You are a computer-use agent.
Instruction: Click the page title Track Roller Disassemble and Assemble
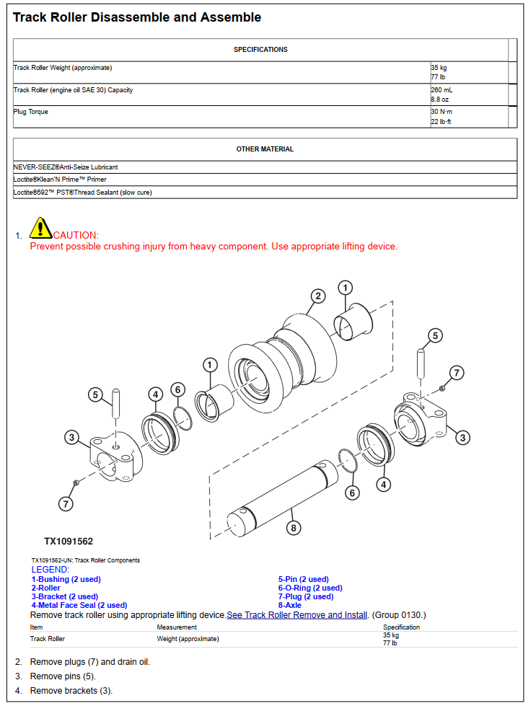pos(137,17)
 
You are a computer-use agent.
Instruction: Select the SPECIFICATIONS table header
pos(260,50)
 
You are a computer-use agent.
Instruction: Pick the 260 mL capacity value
pos(442,90)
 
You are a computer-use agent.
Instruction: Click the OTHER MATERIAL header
pos(265,149)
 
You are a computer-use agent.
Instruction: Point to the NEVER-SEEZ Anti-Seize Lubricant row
pos(66,167)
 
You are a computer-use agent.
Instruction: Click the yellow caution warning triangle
pos(40,228)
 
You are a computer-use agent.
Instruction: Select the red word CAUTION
pos(76,235)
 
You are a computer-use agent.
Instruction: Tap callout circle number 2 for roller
pos(318,296)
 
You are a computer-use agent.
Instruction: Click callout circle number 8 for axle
pos(293,528)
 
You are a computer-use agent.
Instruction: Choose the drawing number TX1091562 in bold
pos(69,541)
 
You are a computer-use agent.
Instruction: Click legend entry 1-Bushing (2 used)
pos(66,579)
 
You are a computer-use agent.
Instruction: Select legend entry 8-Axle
pos(290,605)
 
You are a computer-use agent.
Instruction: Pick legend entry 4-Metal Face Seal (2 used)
pos(79,605)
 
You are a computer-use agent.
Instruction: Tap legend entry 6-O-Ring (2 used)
pos(310,588)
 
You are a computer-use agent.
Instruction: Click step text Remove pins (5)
pos(63,676)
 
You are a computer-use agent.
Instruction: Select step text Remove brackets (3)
pos(71,691)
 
